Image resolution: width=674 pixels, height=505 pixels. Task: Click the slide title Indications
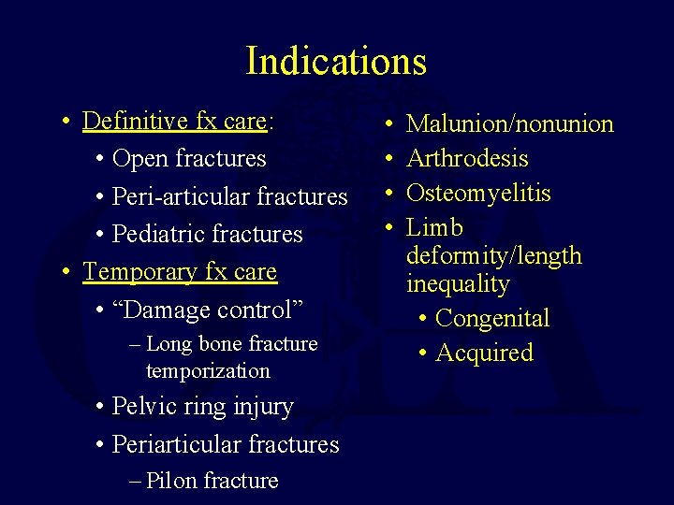coord(336,61)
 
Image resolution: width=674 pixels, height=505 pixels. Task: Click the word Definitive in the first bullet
coord(125,122)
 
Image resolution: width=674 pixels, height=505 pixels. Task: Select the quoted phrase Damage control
coord(186,310)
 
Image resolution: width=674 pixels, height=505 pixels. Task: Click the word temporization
coord(208,371)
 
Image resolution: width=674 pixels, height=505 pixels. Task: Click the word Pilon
coord(172,481)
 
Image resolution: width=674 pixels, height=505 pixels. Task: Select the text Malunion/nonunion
coord(510,124)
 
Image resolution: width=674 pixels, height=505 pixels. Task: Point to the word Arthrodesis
coord(467,159)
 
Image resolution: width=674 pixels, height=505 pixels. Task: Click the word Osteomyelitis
coord(478,194)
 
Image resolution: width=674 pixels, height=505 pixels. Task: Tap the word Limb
coord(434,228)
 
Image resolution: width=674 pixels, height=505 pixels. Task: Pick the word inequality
coord(458,283)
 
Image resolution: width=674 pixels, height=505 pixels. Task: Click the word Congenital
coord(492,318)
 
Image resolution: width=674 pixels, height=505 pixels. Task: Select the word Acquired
coord(484,353)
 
